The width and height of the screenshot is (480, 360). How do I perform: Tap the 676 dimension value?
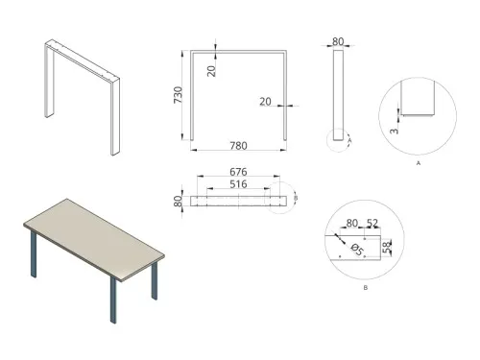(x=236, y=172)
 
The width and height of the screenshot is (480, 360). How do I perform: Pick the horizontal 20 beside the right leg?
(x=266, y=99)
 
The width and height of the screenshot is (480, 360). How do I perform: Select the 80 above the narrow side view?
(x=337, y=41)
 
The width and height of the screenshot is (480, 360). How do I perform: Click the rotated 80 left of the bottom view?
(x=178, y=203)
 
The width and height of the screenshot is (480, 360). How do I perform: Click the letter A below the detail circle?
(x=419, y=164)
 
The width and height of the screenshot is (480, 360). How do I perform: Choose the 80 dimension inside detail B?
(x=350, y=224)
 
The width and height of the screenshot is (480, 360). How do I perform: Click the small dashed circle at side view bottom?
(x=337, y=141)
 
